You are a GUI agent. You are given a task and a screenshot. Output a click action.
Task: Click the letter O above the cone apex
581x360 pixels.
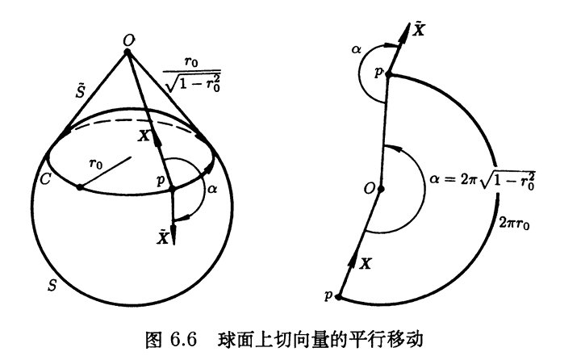pyautogui.click(x=128, y=41)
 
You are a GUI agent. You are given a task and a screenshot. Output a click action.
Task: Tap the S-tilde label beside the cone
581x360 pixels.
pyautogui.click(x=81, y=90)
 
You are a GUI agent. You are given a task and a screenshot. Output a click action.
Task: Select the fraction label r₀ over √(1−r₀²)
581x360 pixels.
pyautogui.click(x=192, y=74)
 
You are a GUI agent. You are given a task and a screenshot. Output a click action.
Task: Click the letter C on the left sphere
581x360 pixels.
pyautogui.click(x=45, y=179)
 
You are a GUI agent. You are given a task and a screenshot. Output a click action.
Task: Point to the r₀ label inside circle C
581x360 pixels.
pyautogui.click(x=96, y=163)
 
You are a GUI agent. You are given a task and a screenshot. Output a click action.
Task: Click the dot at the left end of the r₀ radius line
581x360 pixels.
pyautogui.click(x=80, y=187)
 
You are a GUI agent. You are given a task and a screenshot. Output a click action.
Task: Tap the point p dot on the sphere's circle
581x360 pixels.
pyautogui.click(x=172, y=189)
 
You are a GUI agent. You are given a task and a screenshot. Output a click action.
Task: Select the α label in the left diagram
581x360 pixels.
pyautogui.click(x=212, y=189)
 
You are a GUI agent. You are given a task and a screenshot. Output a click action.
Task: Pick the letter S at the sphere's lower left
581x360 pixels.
pyautogui.click(x=52, y=285)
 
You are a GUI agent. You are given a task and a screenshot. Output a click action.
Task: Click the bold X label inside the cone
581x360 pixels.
pyautogui.click(x=144, y=136)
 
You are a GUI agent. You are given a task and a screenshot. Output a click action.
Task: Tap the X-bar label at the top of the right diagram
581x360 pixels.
pyautogui.click(x=419, y=29)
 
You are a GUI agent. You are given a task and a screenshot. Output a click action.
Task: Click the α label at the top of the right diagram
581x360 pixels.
pyautogui.click(x=356, y=49)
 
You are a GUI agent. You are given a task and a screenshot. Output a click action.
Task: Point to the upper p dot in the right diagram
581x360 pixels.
pyautogui.click(x=389, y=74)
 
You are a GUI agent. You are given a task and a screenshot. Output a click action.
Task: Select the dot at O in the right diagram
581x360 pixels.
pyautogui.click(x=381, y=189)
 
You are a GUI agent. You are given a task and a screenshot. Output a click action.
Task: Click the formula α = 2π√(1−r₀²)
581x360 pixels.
pyautogui.click(x=483, y=179)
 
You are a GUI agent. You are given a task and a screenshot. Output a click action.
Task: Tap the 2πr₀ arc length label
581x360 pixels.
pyautogui.click(x=514, y=223)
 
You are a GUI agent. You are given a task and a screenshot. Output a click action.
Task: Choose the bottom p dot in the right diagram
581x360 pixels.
pyautogui.click(x=338, y=296)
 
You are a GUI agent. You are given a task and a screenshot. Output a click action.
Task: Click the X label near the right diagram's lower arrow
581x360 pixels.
pyautogui.click(x=366, y=264)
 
